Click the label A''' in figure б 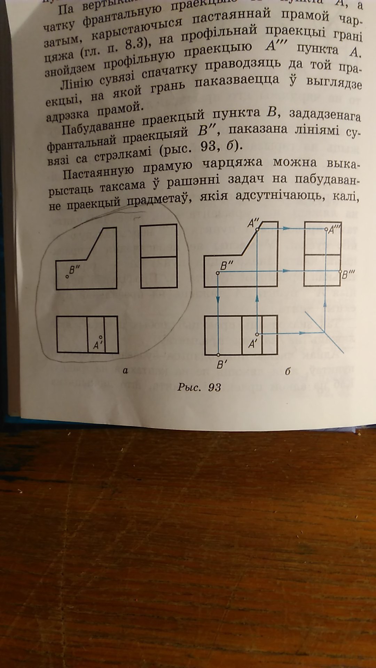[x=335, y=229]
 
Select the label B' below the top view [x=222, y=365]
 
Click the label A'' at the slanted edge [x=253, y=224]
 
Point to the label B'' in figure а [x=75, y=269]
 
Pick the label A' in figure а [x=97, y=345]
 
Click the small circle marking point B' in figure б [x=218, y=355]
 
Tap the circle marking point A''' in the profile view [x=326, y=230]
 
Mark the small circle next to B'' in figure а [x=67, y=277]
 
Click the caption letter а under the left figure [x=125, y=371]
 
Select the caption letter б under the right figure [x=288, y=372]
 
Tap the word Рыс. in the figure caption [x=189, y=387]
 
